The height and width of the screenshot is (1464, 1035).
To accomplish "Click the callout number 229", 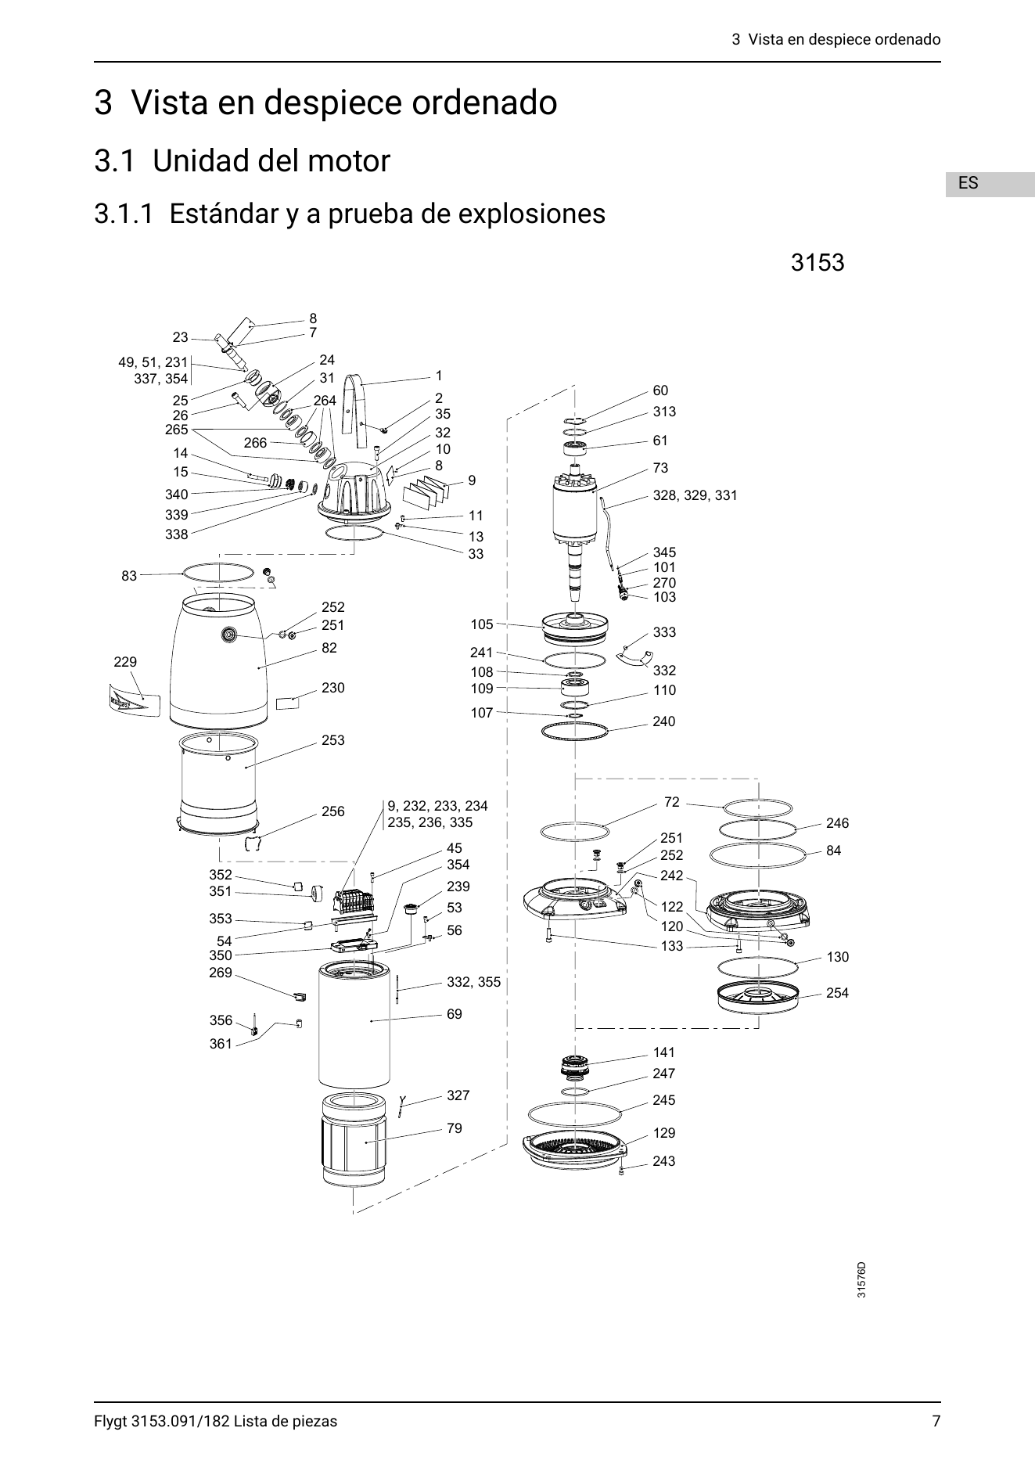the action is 125,662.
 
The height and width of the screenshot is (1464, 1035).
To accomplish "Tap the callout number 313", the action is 665,412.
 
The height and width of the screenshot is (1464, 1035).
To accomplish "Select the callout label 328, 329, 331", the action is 695,495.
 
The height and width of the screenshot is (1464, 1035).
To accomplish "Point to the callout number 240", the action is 664,721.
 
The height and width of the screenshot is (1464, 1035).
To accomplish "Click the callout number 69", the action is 455,1014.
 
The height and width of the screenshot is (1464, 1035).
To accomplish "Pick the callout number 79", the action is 455,1128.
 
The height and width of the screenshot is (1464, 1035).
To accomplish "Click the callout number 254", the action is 837,993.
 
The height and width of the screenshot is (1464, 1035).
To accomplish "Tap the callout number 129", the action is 664,1133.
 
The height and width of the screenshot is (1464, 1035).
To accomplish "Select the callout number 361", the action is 221,1044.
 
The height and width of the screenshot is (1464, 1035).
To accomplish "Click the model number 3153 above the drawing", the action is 818,262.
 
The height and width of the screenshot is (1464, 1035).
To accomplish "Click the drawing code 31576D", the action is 861,1303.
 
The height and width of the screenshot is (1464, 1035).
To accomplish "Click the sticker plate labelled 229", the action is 134,699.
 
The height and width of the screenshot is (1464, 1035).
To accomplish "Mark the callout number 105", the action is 482,624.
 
